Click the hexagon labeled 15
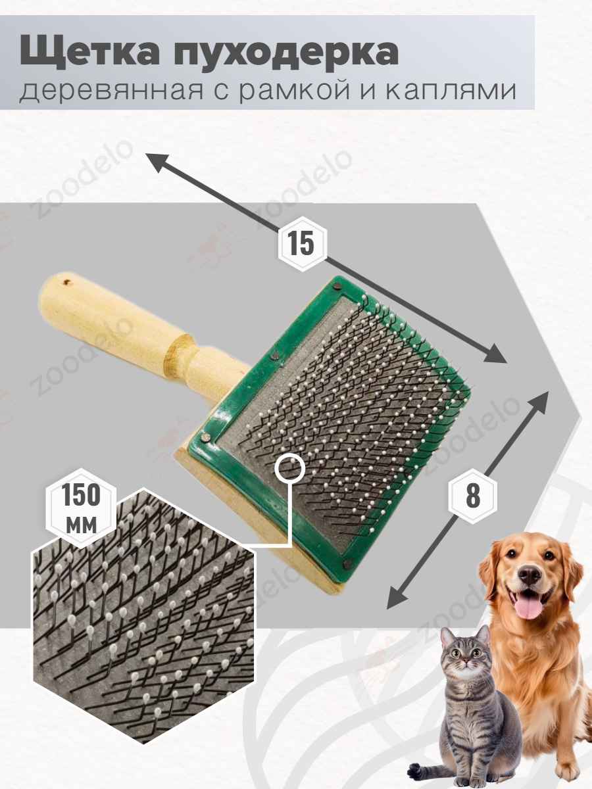(303, 243)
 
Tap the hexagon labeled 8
(473, 496)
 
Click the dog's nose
(529, 576)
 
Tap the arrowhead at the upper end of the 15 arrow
(157, 162)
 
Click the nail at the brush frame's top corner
(339, 287)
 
